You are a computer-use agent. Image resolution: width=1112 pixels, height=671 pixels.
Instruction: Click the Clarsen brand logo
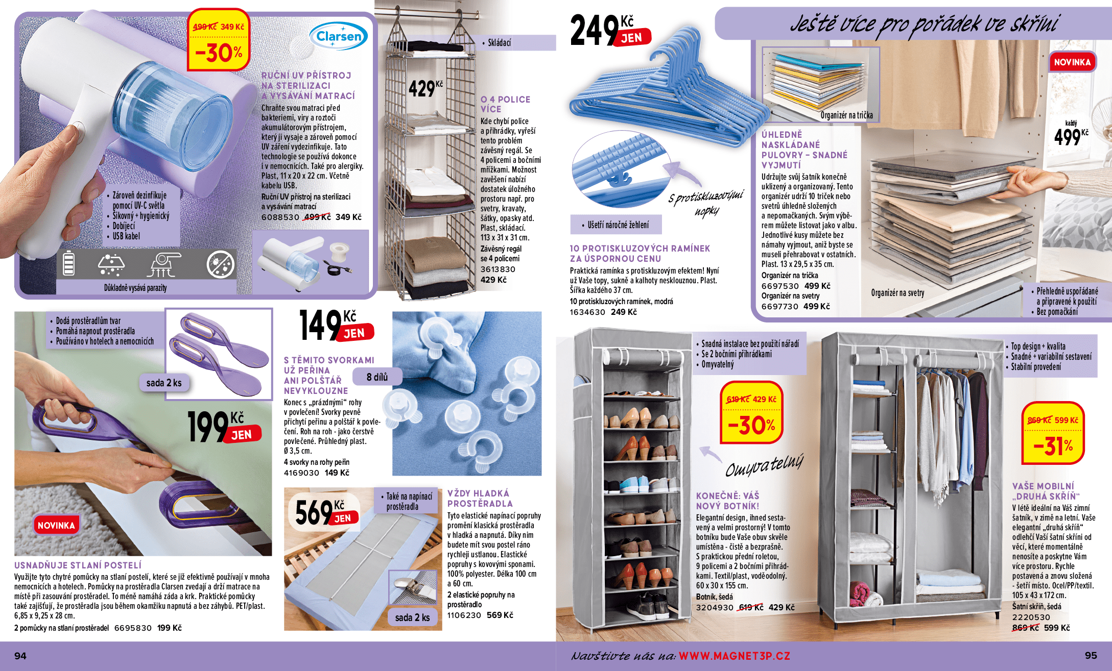(x=339, y=36)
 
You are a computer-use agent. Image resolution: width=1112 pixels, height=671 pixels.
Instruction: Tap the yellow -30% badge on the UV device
(x=219, y=39)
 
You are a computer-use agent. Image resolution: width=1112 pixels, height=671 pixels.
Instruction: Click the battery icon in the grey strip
(x=68, y=263)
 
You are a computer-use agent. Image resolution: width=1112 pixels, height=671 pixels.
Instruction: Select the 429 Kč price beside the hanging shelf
(x=425, y=88)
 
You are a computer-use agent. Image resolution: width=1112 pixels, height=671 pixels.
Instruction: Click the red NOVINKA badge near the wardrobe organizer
(x=1072, y=62)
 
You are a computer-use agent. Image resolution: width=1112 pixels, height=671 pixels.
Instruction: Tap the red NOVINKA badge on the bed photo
(x=56, y=525)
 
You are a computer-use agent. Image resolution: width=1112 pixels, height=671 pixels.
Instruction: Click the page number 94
(x=20, y=656)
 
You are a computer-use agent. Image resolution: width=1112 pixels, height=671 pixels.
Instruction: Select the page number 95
(x=1091, y=655)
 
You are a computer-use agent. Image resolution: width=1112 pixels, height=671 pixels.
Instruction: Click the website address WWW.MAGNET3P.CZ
(x=734, y=656)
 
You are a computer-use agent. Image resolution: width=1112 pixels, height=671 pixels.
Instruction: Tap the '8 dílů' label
(x=377, y=377)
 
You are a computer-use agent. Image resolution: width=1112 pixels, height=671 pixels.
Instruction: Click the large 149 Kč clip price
(x=337, y=325)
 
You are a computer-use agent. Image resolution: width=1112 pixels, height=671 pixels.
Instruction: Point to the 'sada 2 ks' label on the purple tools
(x=164, y=383)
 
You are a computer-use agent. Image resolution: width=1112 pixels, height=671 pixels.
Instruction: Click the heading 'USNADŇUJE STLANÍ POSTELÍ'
(x=78, y=565)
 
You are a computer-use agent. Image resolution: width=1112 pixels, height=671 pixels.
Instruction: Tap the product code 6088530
(x=280, y=217)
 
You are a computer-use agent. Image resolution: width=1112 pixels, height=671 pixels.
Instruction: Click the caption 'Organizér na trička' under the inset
(x=846, y=115)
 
